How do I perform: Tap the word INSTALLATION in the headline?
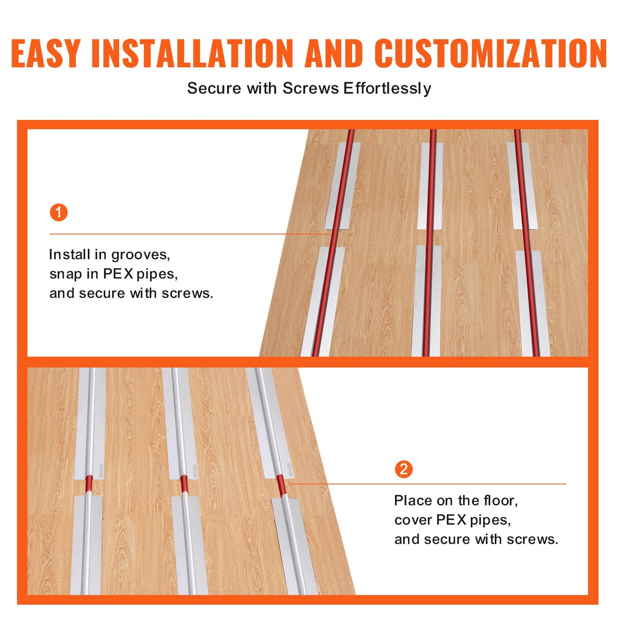tap(192, 54)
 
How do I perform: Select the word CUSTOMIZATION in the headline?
tap(490, 54)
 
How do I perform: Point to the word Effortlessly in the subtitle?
tap(387, 89)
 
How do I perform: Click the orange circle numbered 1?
tap(59, 212)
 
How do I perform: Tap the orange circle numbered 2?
tap(404, 469)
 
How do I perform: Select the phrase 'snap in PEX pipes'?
tap(114, 274)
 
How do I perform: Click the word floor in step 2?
tap(500, 500)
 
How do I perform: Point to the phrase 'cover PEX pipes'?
tap(452, 520)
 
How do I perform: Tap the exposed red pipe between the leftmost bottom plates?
tap(89, 484)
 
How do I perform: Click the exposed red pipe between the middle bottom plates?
tap(184, 484)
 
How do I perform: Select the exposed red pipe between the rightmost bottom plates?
tap(281, 485)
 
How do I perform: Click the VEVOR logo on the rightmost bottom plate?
tap(290, 469)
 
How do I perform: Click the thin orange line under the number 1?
tap(188, 234)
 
